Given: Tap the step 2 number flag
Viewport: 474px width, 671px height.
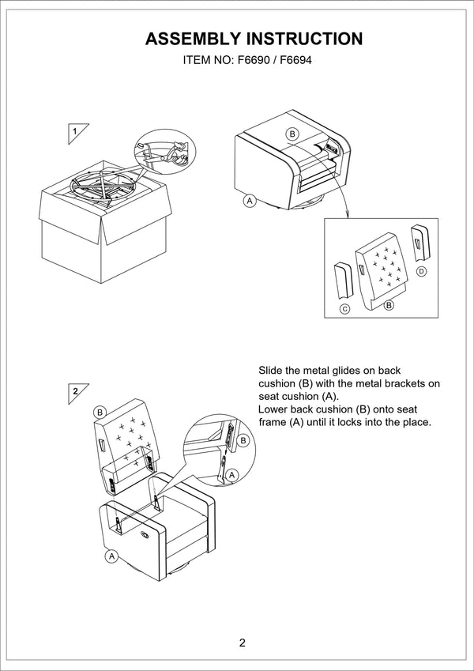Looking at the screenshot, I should (75, 390).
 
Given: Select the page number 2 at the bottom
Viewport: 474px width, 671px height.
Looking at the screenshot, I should (242, 642).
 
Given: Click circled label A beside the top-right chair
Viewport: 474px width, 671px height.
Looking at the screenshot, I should (250, 201).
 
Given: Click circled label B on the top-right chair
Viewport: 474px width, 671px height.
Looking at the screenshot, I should (292, 134).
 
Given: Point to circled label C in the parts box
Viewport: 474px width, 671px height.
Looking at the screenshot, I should (344, 308).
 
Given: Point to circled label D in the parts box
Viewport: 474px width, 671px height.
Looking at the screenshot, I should (421, 271).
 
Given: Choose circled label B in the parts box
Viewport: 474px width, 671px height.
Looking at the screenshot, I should (388, 303).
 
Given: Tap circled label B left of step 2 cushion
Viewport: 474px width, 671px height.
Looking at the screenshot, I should (100, 412).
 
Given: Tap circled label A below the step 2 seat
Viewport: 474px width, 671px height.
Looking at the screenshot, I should (111, 556).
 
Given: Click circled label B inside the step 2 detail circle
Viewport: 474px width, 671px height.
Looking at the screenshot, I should (243, 440).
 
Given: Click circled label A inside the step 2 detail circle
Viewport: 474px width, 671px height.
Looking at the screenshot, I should (231, 474).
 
